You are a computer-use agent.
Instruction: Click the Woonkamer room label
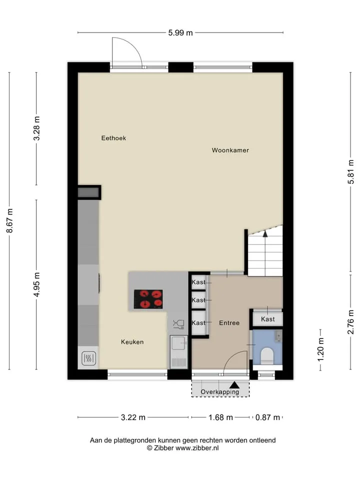230,150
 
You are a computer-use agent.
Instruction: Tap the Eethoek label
113,138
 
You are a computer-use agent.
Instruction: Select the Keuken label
132,342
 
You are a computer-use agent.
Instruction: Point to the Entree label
229,322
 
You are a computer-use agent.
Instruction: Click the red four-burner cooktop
148,299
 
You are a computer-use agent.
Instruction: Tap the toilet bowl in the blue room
267,356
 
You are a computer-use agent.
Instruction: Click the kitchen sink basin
178,343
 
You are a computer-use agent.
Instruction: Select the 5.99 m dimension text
180,33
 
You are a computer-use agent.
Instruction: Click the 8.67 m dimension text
10,220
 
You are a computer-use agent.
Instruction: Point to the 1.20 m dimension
320,349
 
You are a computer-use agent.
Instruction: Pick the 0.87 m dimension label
268,417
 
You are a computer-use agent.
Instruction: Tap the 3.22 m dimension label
133,417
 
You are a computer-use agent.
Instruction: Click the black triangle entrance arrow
234,385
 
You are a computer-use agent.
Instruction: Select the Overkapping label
220,392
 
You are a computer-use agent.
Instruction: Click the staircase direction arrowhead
265,233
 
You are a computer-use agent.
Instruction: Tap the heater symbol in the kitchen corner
89,358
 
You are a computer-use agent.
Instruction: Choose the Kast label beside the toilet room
268,319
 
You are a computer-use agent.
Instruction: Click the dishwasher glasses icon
178,324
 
